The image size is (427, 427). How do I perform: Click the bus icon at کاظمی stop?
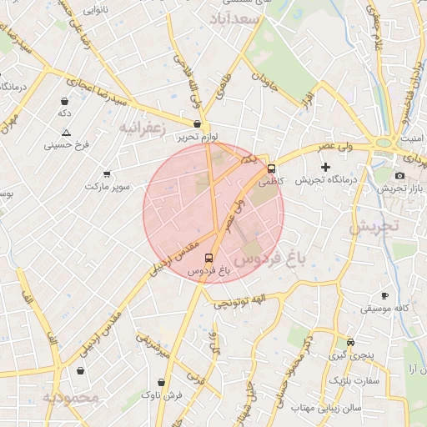(271, 168)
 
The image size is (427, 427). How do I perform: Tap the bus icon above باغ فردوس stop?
(208, 258)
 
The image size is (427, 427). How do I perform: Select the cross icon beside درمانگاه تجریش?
(326, 168)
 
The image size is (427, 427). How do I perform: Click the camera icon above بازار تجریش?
(399, 175)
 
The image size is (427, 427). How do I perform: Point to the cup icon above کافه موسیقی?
(384, 296)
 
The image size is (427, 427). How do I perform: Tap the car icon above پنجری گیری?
(350, 342)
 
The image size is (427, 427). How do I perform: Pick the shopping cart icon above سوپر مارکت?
(107, 174)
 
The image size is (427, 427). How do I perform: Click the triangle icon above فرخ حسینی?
(66, 133)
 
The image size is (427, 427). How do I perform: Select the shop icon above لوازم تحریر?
(197, 123)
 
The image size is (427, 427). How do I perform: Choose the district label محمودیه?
(72, 397)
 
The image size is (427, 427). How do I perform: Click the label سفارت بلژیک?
(354, 380)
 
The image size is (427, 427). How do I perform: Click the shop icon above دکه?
(64, 100)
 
